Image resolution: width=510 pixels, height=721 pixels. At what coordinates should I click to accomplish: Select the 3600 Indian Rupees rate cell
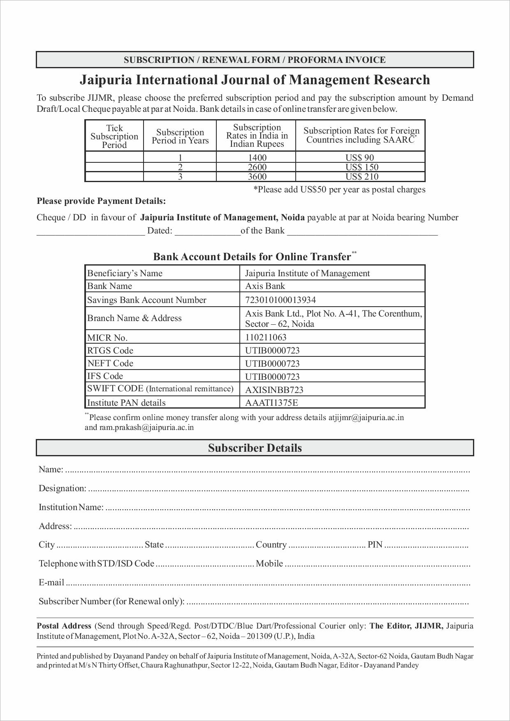pyautogui.click(x=257, y=177)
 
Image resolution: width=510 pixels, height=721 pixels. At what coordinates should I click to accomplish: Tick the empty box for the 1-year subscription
pyautogui.click(x=114, y=157)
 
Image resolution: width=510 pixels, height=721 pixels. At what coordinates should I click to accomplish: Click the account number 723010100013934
pyautogui.click(x=280, y=300)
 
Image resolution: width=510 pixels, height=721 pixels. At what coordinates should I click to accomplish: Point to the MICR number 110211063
pyautogui.click(x=266, y=337)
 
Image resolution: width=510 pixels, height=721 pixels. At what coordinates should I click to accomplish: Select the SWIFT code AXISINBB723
pyautogui.click(x=274, y=390)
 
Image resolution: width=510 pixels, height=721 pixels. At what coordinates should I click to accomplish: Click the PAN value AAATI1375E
pyautogui.click(x=271, y=403)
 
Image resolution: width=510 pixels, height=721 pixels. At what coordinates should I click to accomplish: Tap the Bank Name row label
pyautogui.click(x=109, y=286)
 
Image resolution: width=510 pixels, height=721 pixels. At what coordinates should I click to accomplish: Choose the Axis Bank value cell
pyautogui.click(x=265, y=286)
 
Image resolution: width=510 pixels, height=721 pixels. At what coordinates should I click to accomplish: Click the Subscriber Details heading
pyautogui.click(x=255, y=448)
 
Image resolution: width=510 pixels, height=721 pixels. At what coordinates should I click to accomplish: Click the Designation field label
pyautogui.click(x=62, y=488)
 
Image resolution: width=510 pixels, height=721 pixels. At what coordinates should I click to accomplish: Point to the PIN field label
pyautogui.click(x=375, y=545)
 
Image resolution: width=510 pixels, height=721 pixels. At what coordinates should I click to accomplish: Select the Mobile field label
pyautogui.click(x=269, y=564)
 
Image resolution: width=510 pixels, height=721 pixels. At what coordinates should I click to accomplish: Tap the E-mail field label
pyautogui.click(x=51, y=582)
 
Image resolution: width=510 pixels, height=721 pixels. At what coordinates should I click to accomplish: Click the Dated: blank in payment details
pyautogui.click(x=208, y=231)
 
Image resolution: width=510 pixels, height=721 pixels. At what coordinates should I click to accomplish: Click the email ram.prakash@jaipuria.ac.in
pyautogui.click(x=139, y=428)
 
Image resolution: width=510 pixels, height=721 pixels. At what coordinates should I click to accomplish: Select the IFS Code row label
pyautogui.click(x=105, y=376)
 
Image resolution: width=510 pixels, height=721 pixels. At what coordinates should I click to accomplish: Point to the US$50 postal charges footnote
pyautogui.click(x=339, y=189)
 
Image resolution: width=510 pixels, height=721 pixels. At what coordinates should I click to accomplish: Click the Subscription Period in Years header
pyautogui.click(x=180, y=136)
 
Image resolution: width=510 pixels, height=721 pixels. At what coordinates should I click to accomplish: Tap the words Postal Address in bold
pyautogui.click(x=64, y=626)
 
